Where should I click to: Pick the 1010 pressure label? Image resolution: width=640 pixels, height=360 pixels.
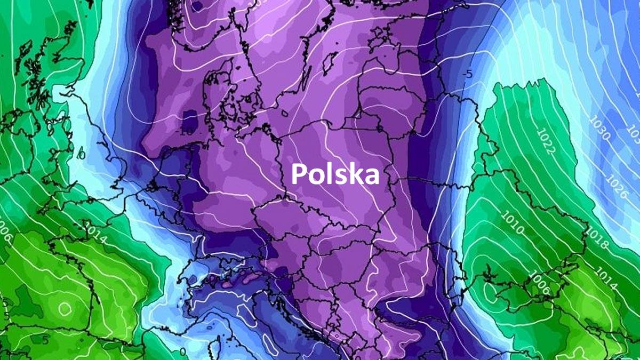(x=513, y=223)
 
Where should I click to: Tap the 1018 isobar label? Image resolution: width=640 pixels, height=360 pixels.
(x=597, y=238)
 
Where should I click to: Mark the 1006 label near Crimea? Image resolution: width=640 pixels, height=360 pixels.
(x=540, y=282)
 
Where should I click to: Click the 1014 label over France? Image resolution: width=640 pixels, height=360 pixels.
(x=97, y=235)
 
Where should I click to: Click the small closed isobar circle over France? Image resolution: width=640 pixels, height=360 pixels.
(x=65, y=308)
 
